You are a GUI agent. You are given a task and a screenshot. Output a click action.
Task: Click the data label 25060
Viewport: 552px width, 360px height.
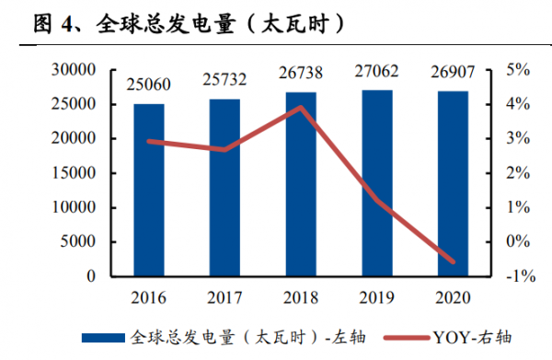coord(149,87)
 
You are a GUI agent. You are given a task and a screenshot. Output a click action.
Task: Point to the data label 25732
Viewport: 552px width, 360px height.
coord(224,83)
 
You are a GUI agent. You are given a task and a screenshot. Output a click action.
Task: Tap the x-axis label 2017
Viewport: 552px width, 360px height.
coord(224,297)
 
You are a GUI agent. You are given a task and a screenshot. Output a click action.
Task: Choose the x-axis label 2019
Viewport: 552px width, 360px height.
coord(376,297)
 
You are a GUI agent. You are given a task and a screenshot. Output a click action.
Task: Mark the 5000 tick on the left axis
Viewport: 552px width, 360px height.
coord(81,242)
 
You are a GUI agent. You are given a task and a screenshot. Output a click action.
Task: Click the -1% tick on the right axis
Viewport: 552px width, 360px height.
coord(515,276)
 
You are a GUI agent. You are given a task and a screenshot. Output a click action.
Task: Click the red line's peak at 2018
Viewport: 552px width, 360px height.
coord(300,108)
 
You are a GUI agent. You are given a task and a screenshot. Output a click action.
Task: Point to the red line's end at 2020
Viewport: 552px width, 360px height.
coord(452,261)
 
